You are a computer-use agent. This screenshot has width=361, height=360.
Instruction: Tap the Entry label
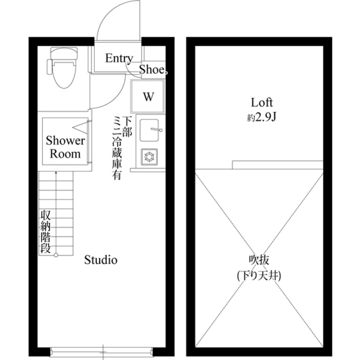(119, 59)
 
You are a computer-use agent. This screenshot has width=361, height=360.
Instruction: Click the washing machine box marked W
(148, 96)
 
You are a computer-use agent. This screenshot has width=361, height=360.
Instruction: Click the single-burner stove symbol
(149, 156)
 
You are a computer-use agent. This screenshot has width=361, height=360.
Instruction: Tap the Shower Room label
(65, 146)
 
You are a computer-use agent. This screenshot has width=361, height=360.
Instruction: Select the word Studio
(100, 260)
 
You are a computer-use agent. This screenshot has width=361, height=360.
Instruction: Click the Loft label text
(262, 103)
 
